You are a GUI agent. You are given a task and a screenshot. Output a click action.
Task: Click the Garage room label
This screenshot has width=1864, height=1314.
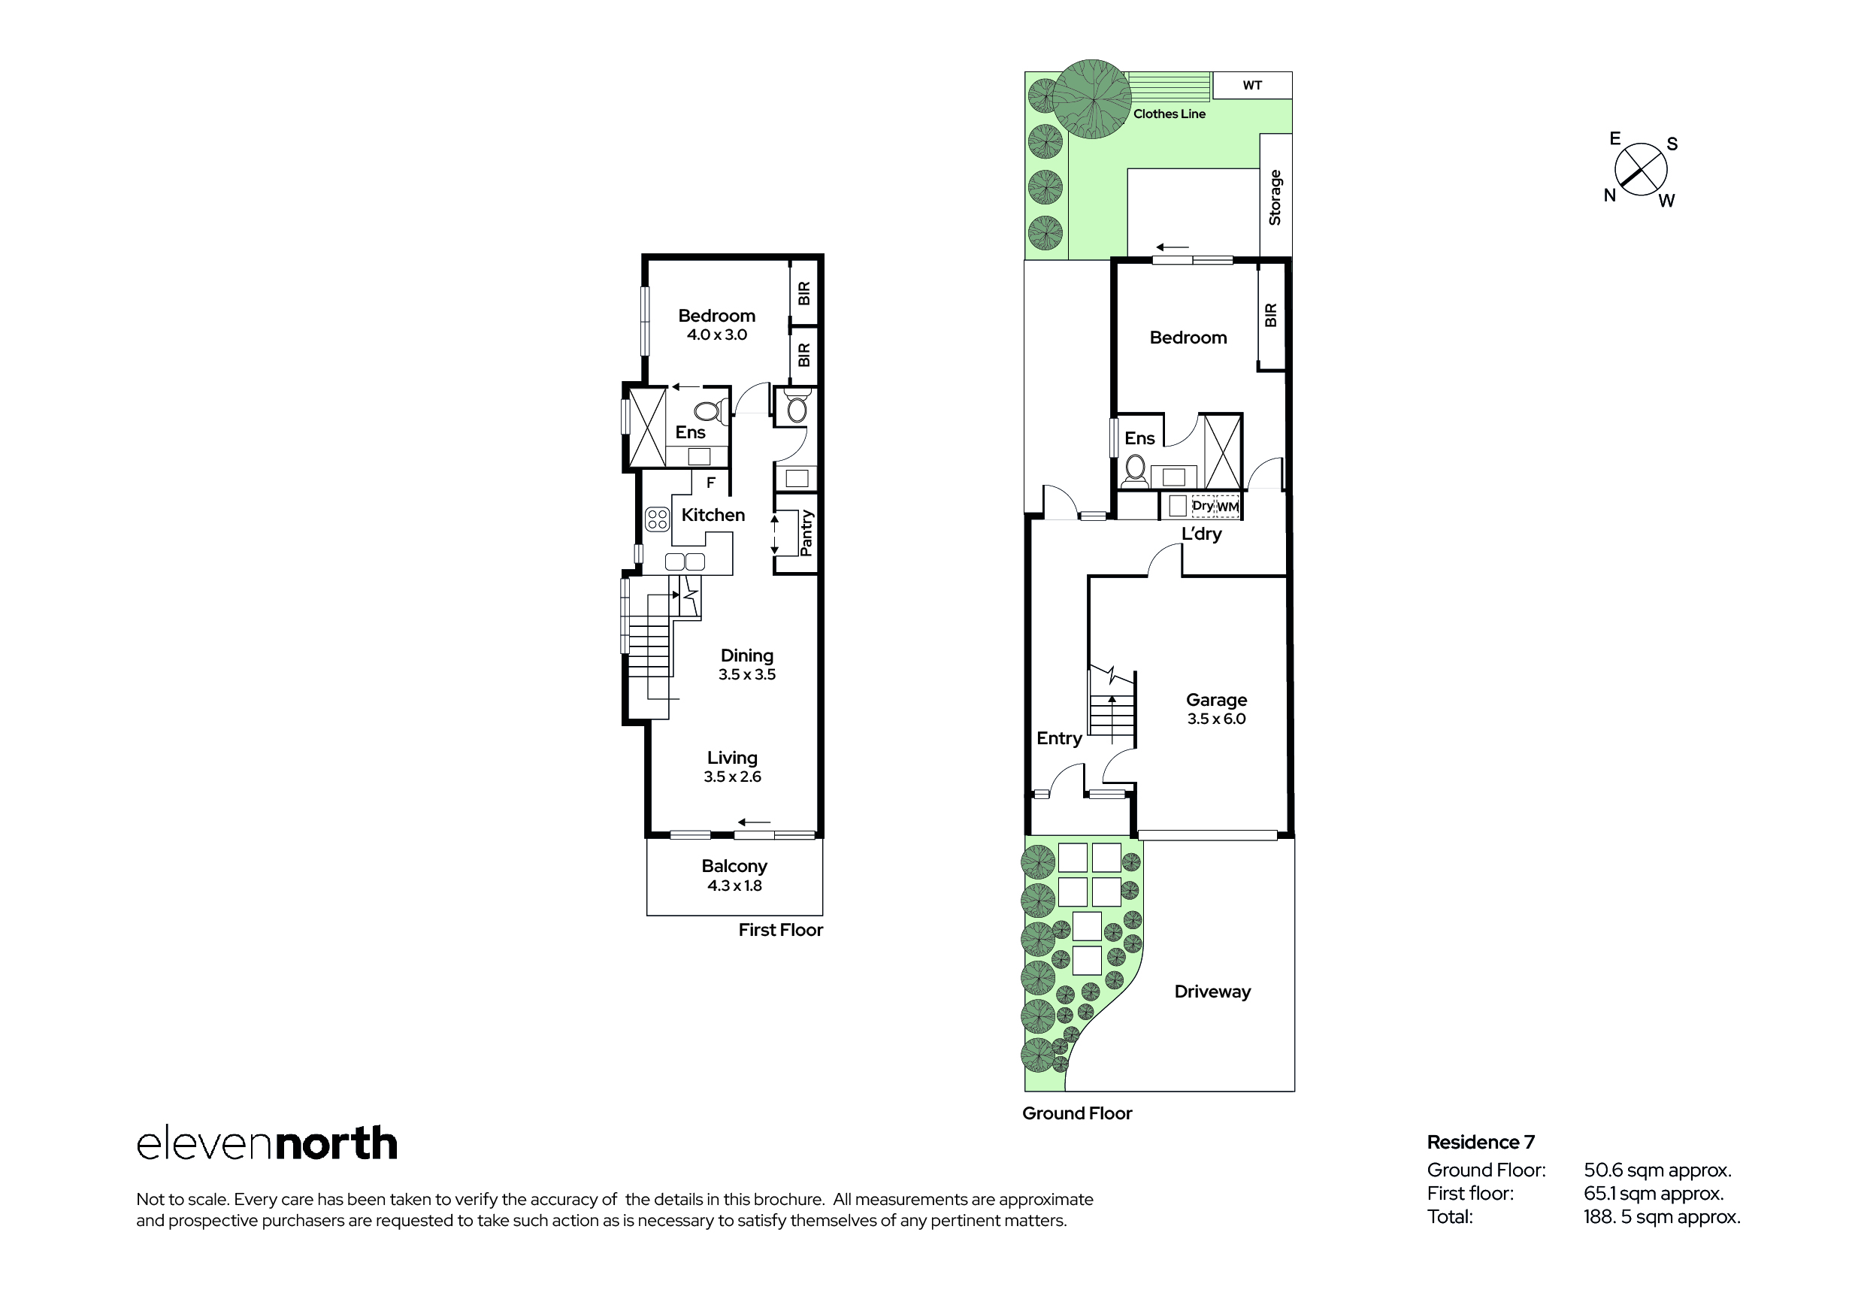1216,699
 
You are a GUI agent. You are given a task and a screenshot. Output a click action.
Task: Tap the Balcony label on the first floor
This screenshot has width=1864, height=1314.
734,867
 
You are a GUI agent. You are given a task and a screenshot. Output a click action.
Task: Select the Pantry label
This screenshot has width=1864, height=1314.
806,534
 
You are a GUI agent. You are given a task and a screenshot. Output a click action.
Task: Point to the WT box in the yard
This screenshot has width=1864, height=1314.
1252,85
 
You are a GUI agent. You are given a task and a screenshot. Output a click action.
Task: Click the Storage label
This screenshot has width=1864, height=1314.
1275,198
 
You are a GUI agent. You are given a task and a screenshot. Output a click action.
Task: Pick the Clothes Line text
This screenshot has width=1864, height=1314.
1169,114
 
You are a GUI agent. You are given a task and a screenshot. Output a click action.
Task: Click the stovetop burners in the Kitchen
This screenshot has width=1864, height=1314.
657,519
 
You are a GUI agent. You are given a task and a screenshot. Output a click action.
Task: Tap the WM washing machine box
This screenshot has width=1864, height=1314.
1227,507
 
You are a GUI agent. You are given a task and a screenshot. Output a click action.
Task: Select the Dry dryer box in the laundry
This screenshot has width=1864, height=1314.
1203,506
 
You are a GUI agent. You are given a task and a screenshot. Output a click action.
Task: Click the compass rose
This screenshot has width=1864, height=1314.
1641,170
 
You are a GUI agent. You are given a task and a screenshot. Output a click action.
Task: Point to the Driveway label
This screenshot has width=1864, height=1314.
1212,992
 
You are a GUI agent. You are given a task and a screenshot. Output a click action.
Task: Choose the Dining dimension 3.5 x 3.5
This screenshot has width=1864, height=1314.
747,675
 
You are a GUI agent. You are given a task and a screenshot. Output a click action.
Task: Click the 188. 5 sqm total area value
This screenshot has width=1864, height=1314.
1662,1216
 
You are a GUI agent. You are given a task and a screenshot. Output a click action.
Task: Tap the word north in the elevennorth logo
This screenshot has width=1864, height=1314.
336,1143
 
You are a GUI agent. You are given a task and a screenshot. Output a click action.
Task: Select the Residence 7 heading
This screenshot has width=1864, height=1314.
1481,1143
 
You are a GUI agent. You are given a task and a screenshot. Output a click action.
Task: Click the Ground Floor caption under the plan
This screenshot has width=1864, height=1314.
1076,1113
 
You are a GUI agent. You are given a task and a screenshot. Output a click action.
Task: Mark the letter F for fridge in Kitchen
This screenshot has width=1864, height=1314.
711,483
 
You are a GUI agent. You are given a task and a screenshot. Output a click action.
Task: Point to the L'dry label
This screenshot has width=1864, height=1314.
1202,534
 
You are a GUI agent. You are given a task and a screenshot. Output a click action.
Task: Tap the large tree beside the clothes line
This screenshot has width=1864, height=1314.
1092,99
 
